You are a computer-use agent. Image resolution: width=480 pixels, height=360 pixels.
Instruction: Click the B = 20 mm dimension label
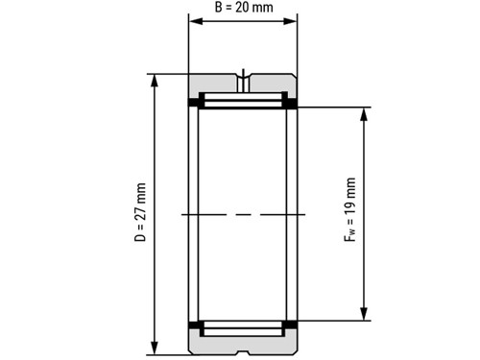coord(244,8)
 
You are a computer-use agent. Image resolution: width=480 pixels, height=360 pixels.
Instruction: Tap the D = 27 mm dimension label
coord(140,212)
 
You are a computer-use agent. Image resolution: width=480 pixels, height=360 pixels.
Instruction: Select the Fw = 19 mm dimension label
coord(349,209)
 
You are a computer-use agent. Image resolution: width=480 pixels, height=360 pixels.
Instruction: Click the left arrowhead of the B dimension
coord(196,21)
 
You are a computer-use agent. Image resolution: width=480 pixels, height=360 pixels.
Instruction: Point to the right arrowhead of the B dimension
coord(290,21)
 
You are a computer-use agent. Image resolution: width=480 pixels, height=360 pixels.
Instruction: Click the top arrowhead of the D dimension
coord(155,81)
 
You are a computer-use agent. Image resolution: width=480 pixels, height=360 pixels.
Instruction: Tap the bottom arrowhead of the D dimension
coord(155,348)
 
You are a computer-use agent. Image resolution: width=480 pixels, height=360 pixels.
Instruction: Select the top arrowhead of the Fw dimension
coord(364,114)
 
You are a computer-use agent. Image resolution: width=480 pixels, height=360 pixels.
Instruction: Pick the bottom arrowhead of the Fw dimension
coord(364,314)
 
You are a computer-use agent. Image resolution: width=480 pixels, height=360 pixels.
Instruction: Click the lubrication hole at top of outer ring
coord(243,84)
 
